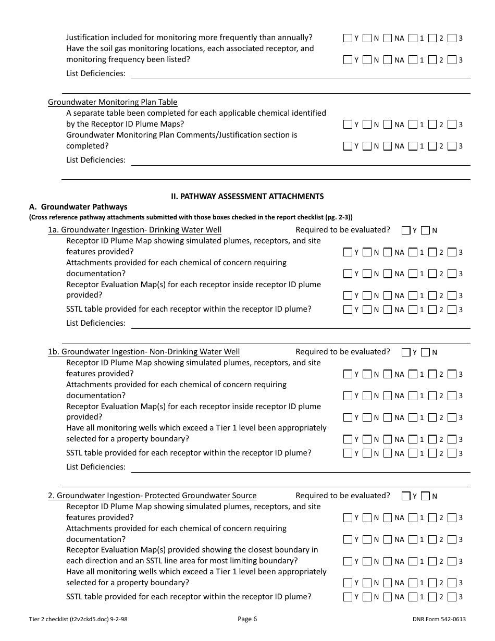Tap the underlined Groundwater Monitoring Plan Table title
click(x=113, y=102)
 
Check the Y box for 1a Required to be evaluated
click(x=406, y=230)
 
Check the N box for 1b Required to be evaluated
click(x=425, y=352)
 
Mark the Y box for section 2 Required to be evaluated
click(x=406, y=496)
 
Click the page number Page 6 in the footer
click(x=247, y=619)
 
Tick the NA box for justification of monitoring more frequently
click(x=387, y=38)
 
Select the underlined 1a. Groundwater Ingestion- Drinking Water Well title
click(x=134, y=230)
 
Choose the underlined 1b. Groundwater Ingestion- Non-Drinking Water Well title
click(x=144, y=352)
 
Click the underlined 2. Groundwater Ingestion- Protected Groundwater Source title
click(x=152, y=496)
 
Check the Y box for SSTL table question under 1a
click(x=348, y=310)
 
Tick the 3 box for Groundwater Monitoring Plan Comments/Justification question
click(x=452, y=146)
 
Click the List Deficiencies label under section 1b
click(x=96, y=467)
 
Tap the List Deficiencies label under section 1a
click(x=96, y=323)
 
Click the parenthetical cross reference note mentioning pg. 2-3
click(x=194, y=217)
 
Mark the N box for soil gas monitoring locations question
click(x=367, y=60)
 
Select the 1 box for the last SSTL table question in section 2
click(x=413, y=597)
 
